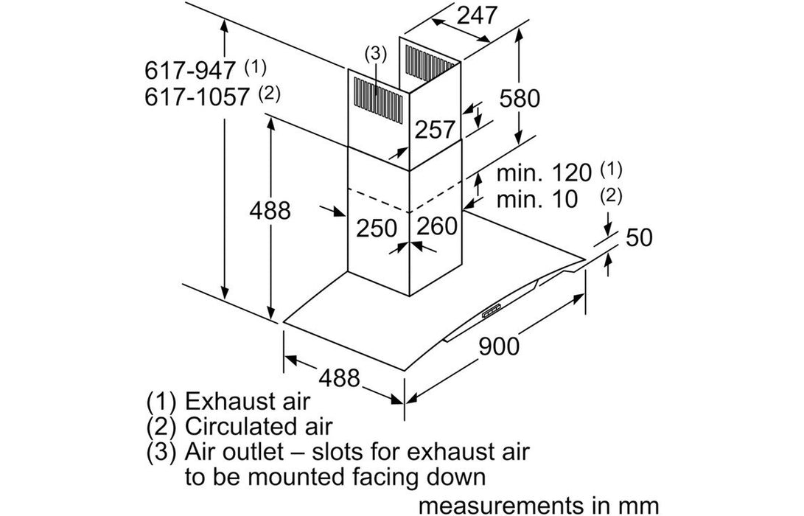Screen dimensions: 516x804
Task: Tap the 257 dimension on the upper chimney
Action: click(434, 130)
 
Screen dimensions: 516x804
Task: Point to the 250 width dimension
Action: click(377, 227)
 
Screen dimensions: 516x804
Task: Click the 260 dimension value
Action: click(437, 227)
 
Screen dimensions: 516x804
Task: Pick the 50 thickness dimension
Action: click(639, 237)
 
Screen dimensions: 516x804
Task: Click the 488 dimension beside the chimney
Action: click(270, 211)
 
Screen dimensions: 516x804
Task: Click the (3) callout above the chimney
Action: click(375, 53)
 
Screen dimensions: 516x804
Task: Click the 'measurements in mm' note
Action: click(539, 506)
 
